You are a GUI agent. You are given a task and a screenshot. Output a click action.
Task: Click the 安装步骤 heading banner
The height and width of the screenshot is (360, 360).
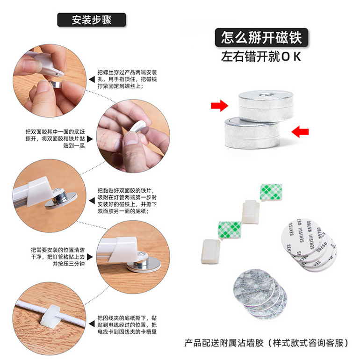pos(91,20)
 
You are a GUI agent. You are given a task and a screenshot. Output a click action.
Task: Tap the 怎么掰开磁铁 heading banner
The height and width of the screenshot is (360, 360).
pos(261,37)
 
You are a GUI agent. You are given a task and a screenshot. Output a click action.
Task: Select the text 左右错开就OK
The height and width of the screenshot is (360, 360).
pos(261,57)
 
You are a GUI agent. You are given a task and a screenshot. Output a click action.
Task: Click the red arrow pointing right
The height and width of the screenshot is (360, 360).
pos(219,106)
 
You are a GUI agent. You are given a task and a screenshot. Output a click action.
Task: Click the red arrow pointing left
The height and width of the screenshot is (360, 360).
pos(300,131)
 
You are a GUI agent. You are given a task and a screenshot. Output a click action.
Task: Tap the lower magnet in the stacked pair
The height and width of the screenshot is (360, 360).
pos(252,133)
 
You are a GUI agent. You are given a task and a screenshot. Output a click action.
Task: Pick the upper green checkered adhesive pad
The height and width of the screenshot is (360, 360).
pos(271,193)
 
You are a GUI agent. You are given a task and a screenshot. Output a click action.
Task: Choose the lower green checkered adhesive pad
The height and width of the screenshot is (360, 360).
pos(230,230)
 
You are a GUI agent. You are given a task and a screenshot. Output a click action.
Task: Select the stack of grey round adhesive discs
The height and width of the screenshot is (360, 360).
pos(260,294)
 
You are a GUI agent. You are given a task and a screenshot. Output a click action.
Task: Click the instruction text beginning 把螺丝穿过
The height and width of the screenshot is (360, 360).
pos(127,79)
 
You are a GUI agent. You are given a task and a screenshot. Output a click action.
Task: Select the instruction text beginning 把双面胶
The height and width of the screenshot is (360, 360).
pos(55,138)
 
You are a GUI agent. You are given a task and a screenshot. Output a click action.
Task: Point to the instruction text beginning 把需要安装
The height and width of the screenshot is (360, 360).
pos(58,257)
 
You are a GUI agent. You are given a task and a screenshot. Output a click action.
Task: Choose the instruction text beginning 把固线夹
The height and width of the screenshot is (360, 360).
pos(127,325)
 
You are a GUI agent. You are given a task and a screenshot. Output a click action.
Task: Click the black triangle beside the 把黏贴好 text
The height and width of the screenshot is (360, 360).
pos(92,201)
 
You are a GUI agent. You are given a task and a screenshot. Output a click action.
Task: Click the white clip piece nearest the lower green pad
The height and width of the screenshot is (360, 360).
pos(211,251)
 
